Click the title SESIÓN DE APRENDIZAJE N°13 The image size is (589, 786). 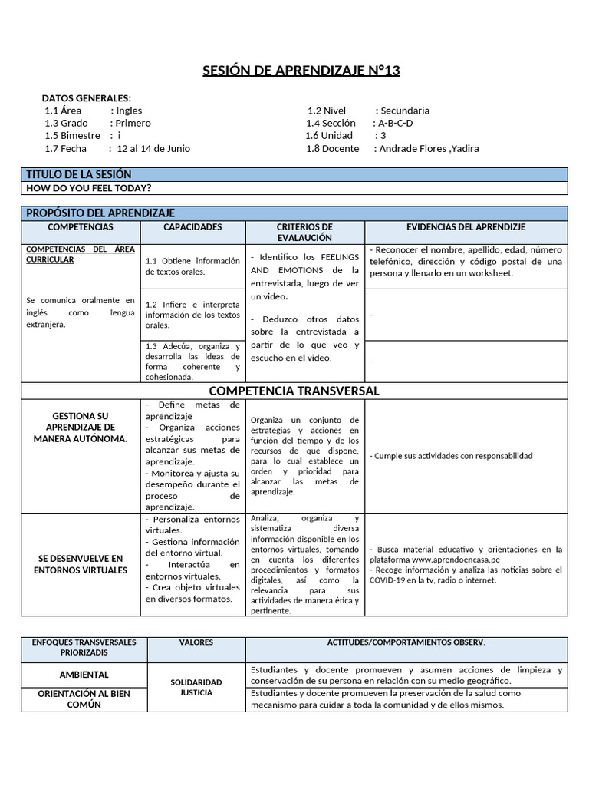301,71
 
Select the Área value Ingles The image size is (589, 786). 129,111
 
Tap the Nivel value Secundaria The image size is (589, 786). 405,111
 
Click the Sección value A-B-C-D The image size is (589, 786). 395,123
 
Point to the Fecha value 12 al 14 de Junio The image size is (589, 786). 153,148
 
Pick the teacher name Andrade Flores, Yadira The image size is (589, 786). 429,148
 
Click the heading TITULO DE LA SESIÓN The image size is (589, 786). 79,174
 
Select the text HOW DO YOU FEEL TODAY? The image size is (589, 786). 88,188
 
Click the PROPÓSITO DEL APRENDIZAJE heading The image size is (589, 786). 100,213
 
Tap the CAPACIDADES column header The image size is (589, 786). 192,227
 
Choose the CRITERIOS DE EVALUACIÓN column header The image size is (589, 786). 304,233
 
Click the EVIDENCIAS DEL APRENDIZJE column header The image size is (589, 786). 466,227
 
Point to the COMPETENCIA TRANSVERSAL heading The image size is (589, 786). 294,391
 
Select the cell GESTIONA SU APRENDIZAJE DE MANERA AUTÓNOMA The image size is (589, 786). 81,427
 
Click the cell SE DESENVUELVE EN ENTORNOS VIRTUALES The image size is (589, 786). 81,564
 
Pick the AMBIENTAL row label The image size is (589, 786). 84,675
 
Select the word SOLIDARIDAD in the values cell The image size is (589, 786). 196,682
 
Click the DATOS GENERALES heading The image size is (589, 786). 86,98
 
